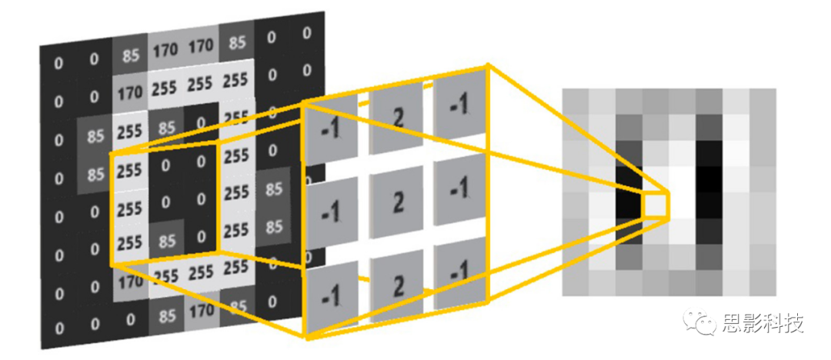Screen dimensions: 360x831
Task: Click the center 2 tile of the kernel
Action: point(398,204)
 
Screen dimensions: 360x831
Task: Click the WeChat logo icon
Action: point(703,324)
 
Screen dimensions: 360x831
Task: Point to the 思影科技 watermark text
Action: point(761,324)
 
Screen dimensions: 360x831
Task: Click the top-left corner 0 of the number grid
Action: point(58,62)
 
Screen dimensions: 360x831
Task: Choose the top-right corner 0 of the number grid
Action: point(307,34)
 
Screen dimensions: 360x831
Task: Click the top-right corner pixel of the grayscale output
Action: point(763,101)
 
